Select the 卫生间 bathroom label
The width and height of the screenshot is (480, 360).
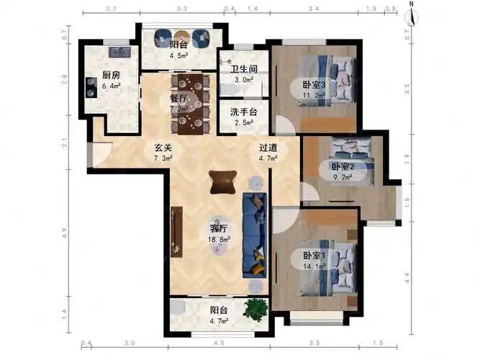coord(244,69)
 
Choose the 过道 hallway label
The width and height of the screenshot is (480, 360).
coord(268,147)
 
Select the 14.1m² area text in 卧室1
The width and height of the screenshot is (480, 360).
coord(314,266)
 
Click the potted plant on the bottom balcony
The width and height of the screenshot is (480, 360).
coord(253,309)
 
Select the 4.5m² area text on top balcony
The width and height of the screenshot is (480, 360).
coord(178,55)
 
